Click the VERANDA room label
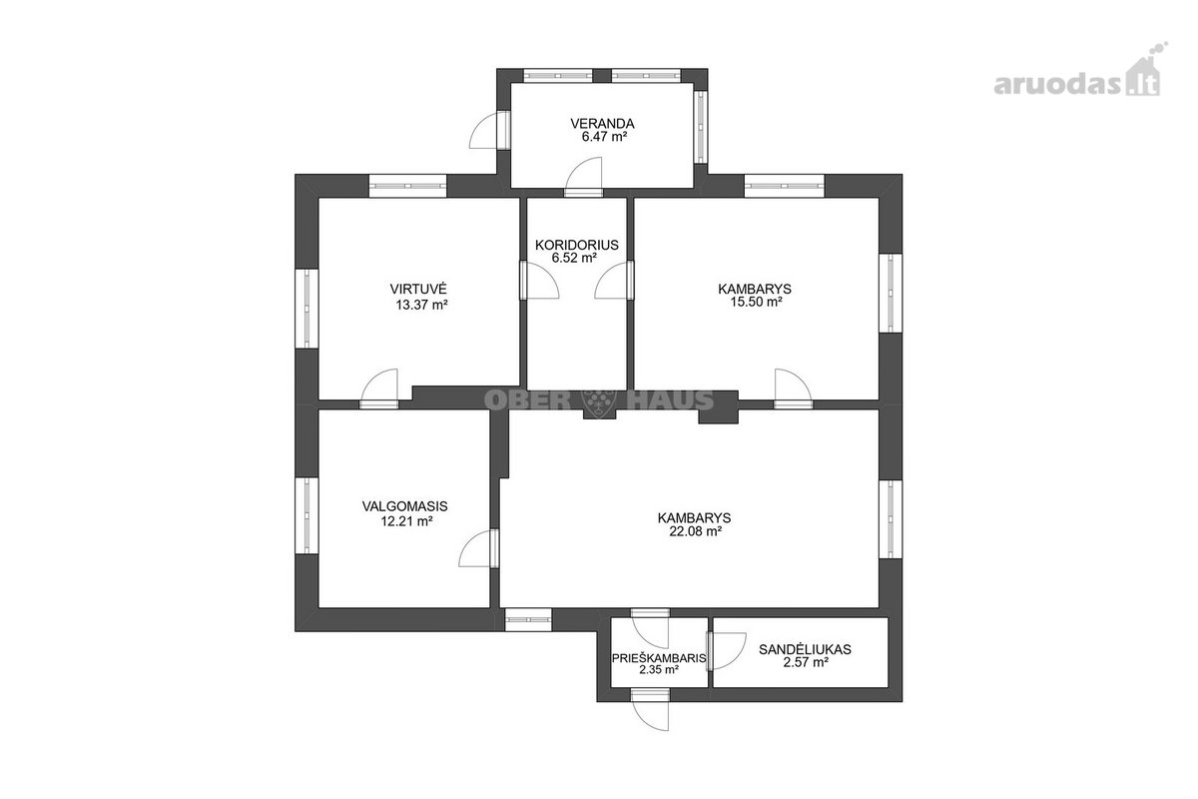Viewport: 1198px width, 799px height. [602, 124]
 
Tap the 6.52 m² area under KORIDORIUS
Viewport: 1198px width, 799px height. [574, 258]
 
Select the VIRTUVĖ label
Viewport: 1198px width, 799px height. [418, 289]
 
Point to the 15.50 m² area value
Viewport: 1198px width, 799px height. [757, 302]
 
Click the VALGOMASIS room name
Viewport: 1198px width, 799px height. [405, 506]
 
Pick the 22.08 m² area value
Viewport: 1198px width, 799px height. [696, 531]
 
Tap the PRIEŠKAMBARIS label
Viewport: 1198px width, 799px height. [659, 659]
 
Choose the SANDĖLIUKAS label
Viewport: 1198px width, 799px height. [805, 650]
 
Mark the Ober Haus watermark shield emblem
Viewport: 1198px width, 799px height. [599, 399]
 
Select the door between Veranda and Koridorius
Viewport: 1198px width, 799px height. [584, 178]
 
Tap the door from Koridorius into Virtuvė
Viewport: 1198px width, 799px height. [539, 280]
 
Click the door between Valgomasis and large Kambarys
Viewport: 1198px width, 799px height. [479, 548]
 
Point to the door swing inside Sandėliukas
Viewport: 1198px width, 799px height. [727, 651]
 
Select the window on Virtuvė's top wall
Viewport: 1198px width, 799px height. [408, 186]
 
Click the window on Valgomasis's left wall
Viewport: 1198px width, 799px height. [307, 515]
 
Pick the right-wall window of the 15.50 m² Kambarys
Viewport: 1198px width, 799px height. [891, 294]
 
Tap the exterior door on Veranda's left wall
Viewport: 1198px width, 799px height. [489, 130]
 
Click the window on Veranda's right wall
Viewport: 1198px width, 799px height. [700, 126]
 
